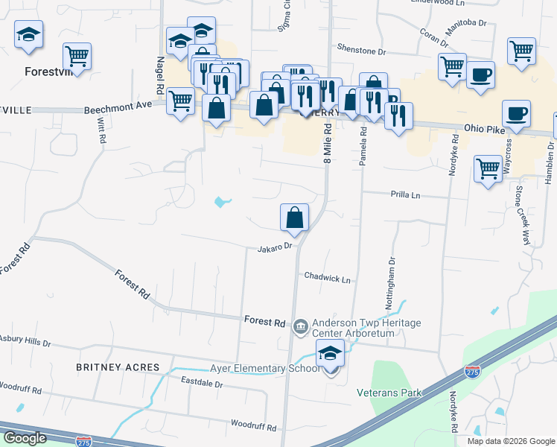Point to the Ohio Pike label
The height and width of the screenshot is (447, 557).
pos(484,127)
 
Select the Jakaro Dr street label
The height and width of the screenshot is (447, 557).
pos(274,247)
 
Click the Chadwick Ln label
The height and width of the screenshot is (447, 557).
pos(327,278)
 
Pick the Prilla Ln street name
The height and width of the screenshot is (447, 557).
pos(406,194)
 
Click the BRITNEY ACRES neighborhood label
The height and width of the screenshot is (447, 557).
pos(118,367)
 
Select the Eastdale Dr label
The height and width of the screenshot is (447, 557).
pos(203,382)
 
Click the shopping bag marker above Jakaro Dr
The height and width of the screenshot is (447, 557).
pos(295,218)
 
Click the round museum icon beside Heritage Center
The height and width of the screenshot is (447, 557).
pos(300,325)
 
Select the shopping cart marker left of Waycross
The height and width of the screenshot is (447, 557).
pos(488,168)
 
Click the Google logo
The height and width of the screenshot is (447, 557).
pos(25,438)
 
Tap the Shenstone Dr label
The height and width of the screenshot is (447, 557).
pos(362,51)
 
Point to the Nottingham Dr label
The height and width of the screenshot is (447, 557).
pos(389,277)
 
